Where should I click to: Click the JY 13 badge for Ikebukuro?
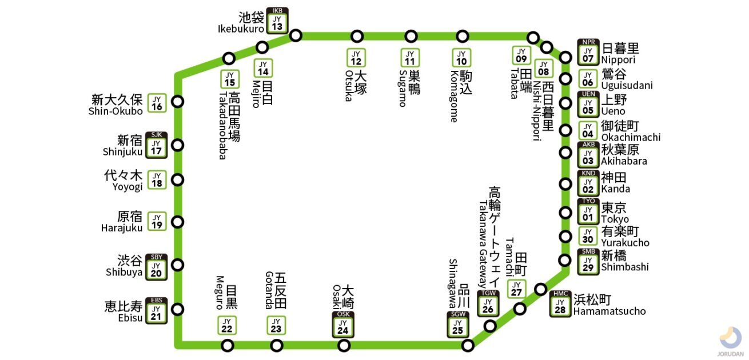tap(277, 21)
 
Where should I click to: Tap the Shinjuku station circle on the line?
tap(178, 145)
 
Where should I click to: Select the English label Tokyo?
tap(615, 219)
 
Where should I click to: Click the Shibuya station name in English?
tap(124, 272)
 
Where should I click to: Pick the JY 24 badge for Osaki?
tap(342, 325)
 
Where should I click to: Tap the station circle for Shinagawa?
tap(468, 345)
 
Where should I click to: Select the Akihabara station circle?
tap(565, 153)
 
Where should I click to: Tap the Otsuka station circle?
tap(357, 37)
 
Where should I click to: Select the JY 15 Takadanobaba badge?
tap(230, 79)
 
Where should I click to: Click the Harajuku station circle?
tap(178, 222)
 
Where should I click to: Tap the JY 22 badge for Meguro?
tap(227, 325)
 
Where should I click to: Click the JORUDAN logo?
tap(730, 342)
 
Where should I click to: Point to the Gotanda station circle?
tap(277, 345)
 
